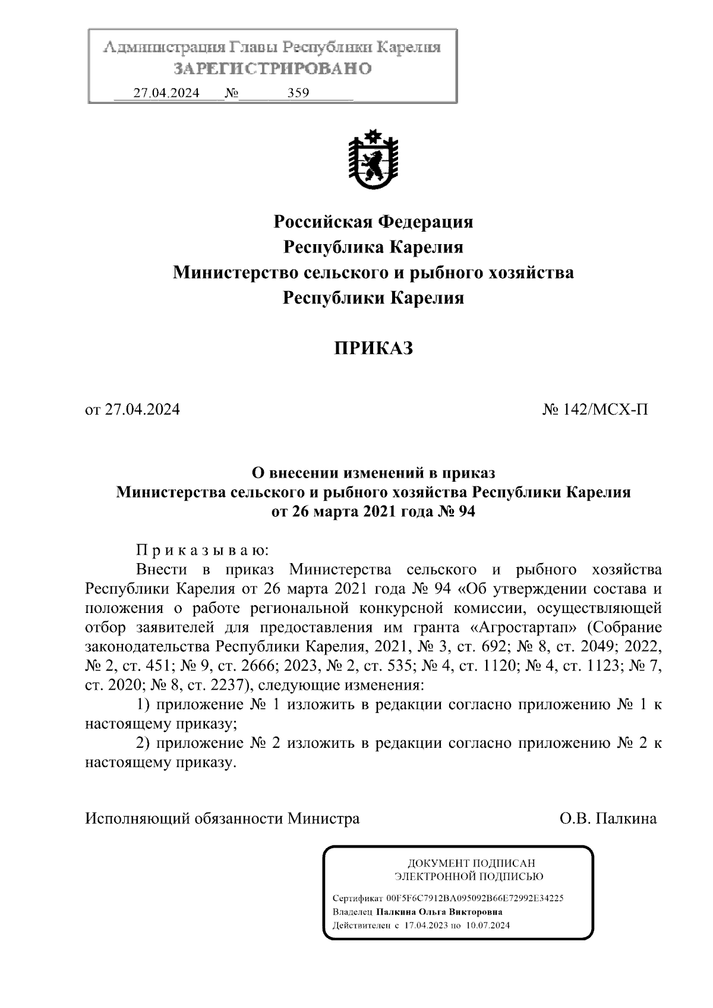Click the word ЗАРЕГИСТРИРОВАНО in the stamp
pyautogui.click(x=273, y=69)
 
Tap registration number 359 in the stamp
pyautogui.click(x=298, y=93)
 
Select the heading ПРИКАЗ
pyautogui.click(x=373, y=348)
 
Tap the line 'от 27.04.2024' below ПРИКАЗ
pyautogui.click(x=132, y=409)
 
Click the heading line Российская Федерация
pyautogui.click(x=373, y=222)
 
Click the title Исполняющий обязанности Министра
pyautogui.click(x=222, y=819)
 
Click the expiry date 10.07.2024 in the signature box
pyautogui.click(x=488, y=925)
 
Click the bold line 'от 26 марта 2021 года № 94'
pyautogui.click(x=373, y=512)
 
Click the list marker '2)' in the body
pyautogui.click(x=145, y=743)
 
